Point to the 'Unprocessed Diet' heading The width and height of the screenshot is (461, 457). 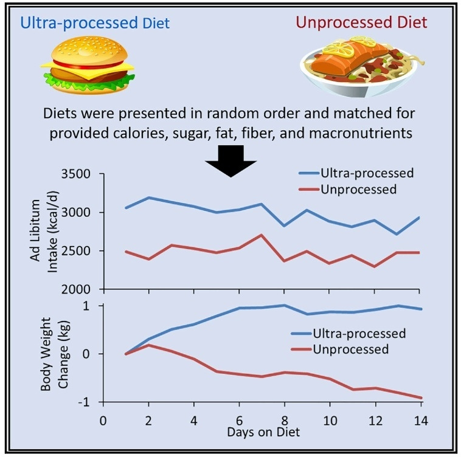[x=361, y=23]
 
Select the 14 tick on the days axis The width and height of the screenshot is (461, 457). [x=420, y=421]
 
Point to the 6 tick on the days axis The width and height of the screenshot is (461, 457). [x=239, y=421]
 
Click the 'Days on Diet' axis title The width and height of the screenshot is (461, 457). [x=263, y=433]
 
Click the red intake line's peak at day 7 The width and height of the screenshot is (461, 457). [x=261, y=235]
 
